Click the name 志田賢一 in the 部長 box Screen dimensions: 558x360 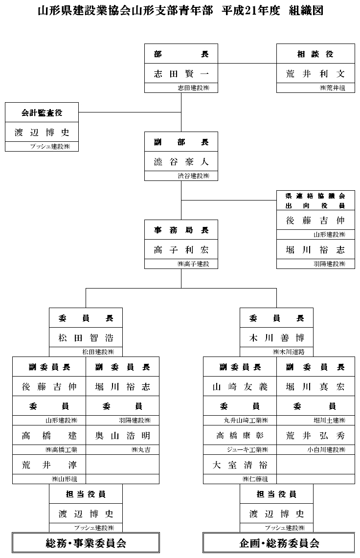pos(181,74)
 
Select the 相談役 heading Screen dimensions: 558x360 pos(315,54)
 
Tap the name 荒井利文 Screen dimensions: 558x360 pos(315,74)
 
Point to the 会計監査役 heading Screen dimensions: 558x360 pos(42,113)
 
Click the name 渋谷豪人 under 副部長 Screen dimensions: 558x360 pos(181,162)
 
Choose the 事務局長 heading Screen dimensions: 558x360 pos(181,230)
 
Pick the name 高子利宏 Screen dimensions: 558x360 pos(181,250)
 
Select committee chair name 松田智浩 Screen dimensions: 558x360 pos(86,338)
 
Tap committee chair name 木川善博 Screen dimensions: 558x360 pos(276,338)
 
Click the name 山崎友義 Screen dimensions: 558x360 pos(240,387)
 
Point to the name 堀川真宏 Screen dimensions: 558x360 pos(315,387)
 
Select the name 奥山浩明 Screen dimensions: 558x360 pos(123,436)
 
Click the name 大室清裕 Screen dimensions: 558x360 pos(240,464)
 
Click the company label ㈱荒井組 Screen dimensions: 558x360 pos(333,88)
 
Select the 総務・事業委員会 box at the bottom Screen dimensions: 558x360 pos(86,543)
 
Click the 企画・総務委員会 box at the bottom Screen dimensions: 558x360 pos(279,543)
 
